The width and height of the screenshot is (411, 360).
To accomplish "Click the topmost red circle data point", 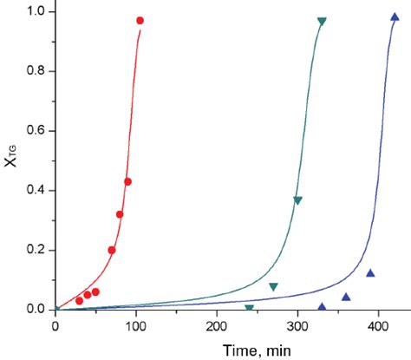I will (x=140, y=20).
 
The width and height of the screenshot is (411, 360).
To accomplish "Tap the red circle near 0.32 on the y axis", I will (x=120, y=214).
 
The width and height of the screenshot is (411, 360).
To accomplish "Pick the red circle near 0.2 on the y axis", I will (x=112, y=250).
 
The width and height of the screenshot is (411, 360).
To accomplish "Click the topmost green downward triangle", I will (x=322, y=21).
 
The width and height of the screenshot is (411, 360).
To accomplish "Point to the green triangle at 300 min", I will (x=297, y=200).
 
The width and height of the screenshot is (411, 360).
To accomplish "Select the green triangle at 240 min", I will (x=250, y=308).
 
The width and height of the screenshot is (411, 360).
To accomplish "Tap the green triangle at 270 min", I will (x=273, y=286).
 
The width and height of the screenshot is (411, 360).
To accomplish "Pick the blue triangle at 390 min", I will (x=370, y=273).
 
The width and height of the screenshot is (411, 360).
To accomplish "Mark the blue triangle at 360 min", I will (x=346, y=297).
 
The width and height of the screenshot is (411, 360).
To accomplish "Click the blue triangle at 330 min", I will (x=322, y=305).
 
